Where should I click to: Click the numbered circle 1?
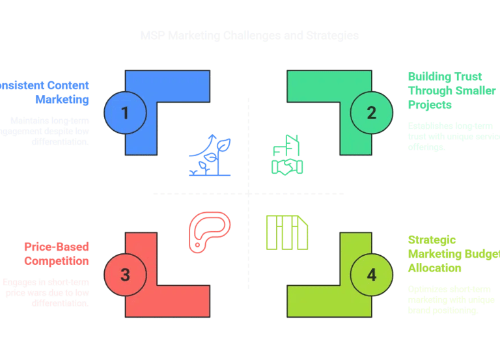pyautogui.click(x=125, y=113)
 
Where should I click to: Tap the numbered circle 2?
pyautogui.click(x=371, y=113)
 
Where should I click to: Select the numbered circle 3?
pyautogui.click(x=125, y=275)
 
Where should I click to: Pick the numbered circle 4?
pyautogui.click(x=371, y=275)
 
